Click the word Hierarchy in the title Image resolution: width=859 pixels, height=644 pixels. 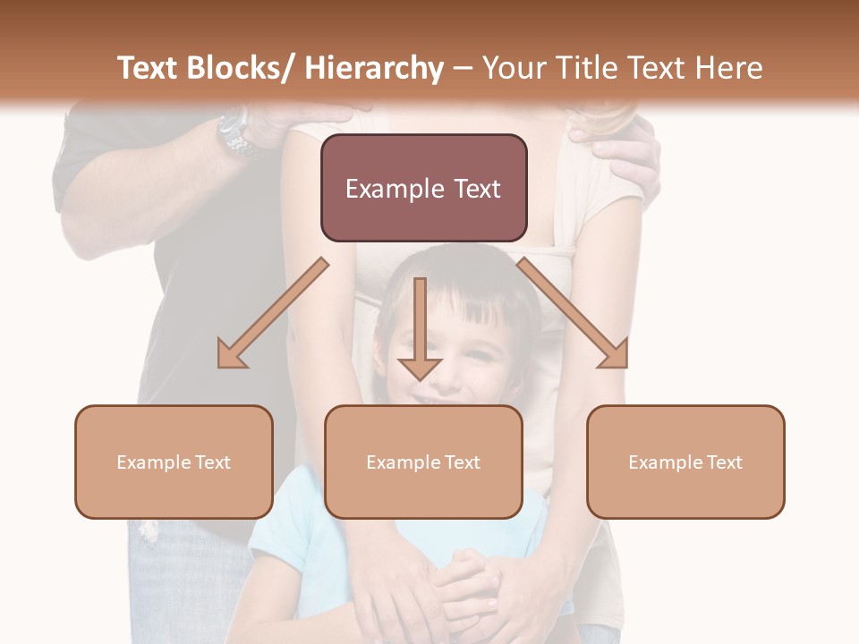pyautogui.click(x=374, y=69)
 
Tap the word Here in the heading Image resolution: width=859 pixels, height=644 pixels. pyautogui.click(x=730, y=69)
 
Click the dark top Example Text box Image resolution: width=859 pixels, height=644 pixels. pyautogui.click(x=423, y=188)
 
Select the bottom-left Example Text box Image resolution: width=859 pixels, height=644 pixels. pyautogui.click(x=174, y=462)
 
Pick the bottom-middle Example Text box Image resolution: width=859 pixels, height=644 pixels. pyautogui.click(x=423, y=462)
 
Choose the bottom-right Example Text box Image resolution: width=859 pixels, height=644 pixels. pyautogui.click(x=685, y=462)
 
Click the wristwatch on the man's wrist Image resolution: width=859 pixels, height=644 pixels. pyautogui.click(x=234, y=131)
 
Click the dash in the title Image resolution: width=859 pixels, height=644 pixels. pyautogui.click(x=463, y=69)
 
